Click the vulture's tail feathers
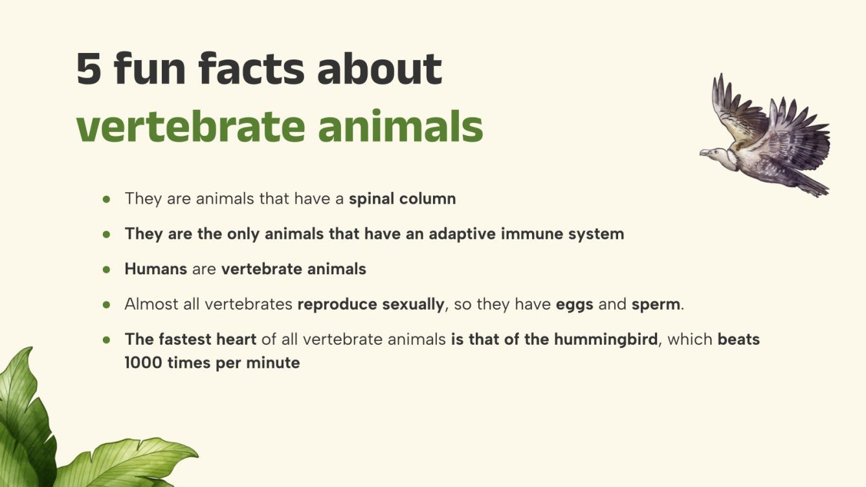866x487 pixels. [812, 186]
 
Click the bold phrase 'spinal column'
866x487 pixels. [402, 199]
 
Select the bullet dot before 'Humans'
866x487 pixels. [107, 269]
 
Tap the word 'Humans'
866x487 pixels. [155, 269]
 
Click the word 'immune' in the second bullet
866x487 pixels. [515, 234]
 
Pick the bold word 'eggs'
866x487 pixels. [574, 304]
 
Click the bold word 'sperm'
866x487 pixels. [656, 304]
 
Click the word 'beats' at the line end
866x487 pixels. [738, 340]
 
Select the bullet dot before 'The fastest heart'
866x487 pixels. [107, 340]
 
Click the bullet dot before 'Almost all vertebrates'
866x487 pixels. [107, 304]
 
